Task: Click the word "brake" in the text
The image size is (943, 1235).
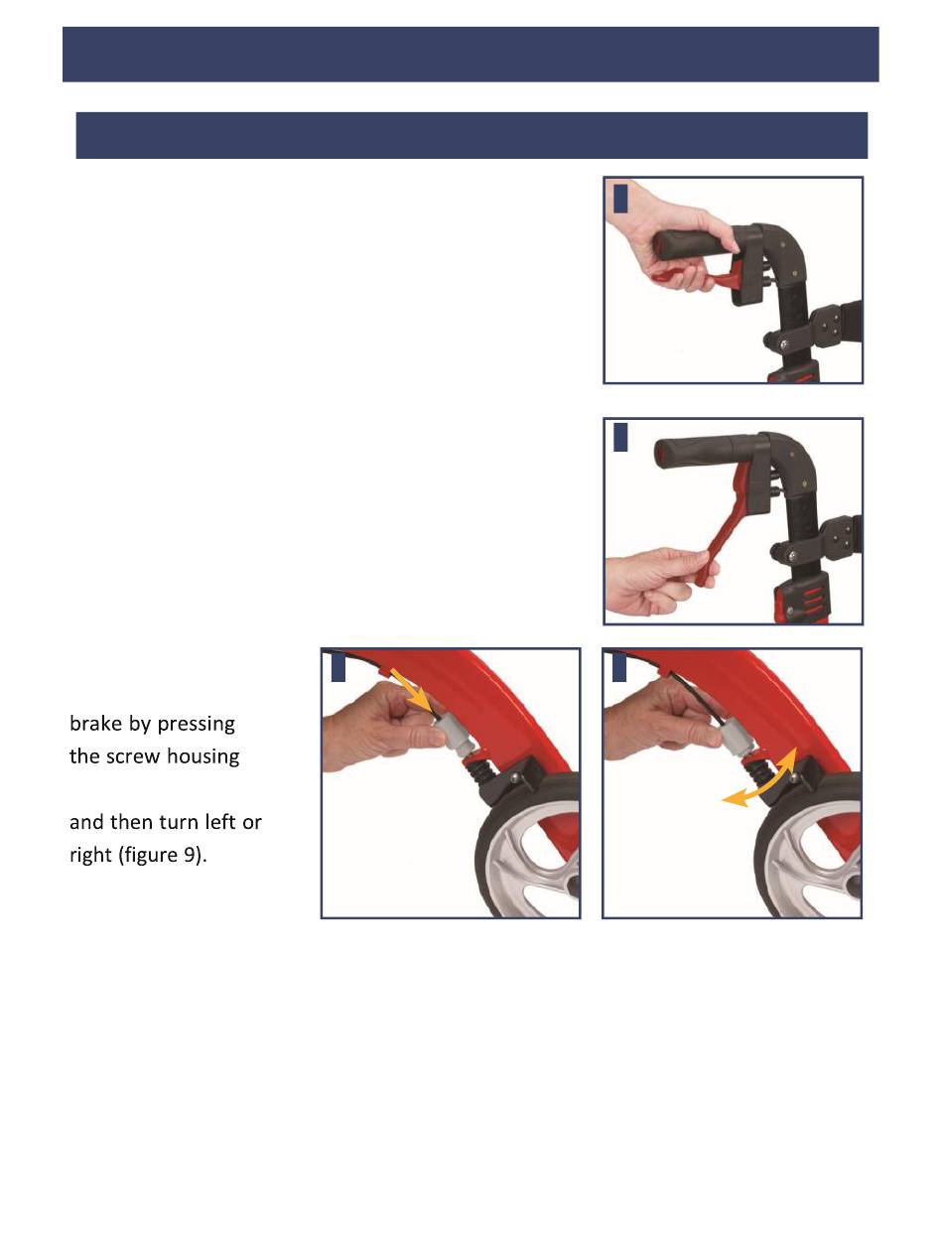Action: point(95,723)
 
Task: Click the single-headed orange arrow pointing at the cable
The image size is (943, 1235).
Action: point(412,689)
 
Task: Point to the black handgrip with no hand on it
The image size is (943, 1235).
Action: point(697,453)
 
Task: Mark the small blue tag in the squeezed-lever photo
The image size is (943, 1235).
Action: point(620,199)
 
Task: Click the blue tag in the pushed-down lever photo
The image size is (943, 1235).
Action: point(620,437)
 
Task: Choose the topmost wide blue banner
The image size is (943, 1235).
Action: point(471,54)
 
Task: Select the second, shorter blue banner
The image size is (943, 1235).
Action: point(471,135)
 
